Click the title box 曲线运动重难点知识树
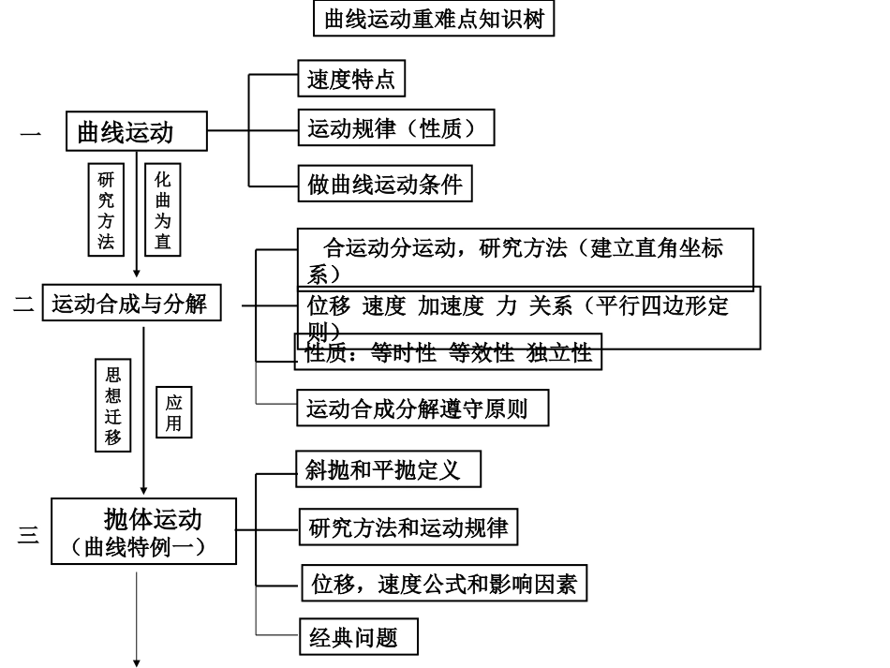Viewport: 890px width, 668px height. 433,19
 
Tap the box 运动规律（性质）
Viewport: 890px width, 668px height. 394,128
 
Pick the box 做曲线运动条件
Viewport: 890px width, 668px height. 385,184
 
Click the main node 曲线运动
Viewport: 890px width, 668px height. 138,132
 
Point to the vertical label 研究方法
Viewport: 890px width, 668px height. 106,210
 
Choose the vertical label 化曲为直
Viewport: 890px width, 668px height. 163,210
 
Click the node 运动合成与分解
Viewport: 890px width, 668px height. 131,304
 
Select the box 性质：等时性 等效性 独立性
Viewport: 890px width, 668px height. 448,353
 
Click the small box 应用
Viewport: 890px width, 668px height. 173,412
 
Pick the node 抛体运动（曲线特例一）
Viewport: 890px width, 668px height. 142,530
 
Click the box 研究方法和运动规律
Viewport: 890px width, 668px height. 408,527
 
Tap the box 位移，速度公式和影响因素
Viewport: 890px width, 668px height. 444,585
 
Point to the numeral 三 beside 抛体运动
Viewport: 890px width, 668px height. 28,536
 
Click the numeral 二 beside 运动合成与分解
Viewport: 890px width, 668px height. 23,304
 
